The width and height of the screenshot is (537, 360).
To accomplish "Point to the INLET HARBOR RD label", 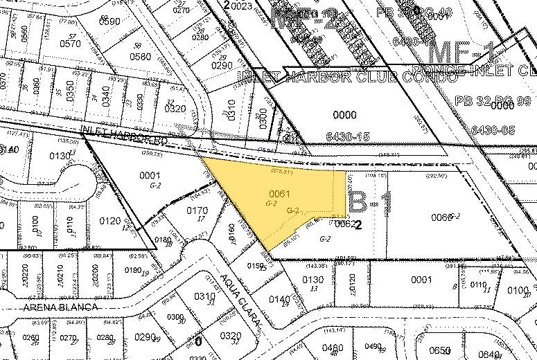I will coord(125,135).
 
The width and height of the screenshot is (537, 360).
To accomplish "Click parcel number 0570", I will coord(70,43).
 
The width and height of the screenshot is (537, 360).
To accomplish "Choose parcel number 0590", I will coord(109,22).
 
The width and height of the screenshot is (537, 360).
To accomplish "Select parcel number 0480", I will coord(334,348).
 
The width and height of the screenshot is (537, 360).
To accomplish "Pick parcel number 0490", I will coord(374,347).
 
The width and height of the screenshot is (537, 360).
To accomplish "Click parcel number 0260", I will coord(31,339).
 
